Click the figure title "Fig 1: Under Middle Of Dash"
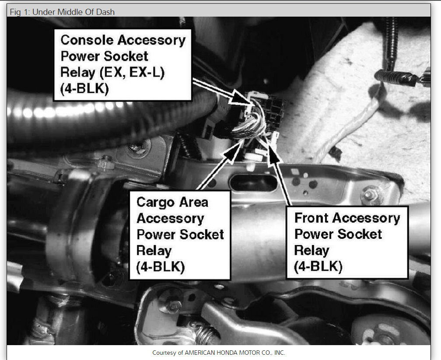pos(62,12)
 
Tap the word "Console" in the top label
pos(87,40)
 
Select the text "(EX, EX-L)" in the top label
pos(132,72)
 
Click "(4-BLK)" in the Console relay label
pos(85,89)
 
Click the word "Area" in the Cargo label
pos(194,202)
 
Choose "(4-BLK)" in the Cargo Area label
pos(161,267)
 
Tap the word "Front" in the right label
pos(311,218)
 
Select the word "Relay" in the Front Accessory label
pos(311,251)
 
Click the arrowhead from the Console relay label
pos(240,98)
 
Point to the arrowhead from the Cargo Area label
pos(235,150)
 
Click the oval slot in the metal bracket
pos(254,183)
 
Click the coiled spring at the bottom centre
pos(206,335)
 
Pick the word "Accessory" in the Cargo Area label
pos(171,219)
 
